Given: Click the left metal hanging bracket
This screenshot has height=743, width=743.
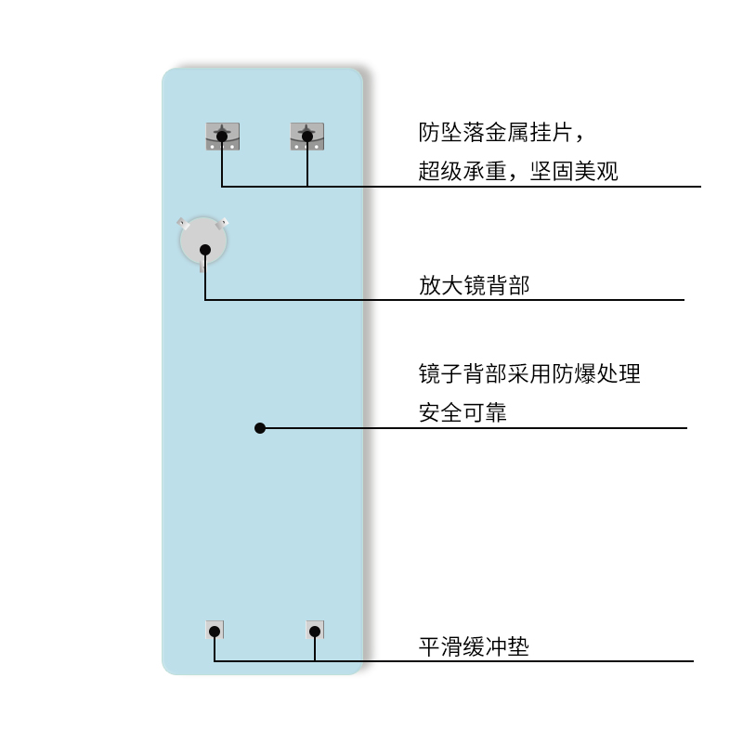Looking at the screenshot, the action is [x=222, y=137].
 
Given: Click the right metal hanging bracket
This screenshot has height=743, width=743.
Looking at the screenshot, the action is [x=306, y=137].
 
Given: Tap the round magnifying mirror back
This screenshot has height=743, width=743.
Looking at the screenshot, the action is [x=203, y=241].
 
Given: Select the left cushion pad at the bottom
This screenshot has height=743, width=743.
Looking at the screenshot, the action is [x=215, y=630].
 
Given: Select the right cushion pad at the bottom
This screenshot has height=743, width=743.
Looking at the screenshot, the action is [x=315, y=630].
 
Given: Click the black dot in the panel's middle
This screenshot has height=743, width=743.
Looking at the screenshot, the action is [x=260, y=428].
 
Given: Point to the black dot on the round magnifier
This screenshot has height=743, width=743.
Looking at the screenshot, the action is [x=205, y=248].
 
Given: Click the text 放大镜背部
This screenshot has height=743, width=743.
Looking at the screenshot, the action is [x=474, y=285].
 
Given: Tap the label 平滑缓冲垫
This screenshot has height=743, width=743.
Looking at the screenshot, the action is [x=474, y=646].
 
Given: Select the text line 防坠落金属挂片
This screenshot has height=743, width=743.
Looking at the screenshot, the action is [x=502, y=133].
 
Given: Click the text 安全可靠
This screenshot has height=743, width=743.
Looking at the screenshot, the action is [x=463, y=413].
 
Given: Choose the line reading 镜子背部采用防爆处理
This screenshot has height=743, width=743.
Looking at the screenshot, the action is [x=529, y=374].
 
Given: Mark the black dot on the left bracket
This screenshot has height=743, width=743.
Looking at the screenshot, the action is [x=222, y=137].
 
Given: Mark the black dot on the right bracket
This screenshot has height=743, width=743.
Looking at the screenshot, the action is [x=306, y=137].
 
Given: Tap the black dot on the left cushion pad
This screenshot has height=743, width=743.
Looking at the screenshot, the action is [x=215, y=632].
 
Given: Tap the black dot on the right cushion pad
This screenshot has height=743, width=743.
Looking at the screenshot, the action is [x=315, y=632].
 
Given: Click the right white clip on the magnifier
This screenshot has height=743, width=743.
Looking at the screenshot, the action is [x=223, y=223].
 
